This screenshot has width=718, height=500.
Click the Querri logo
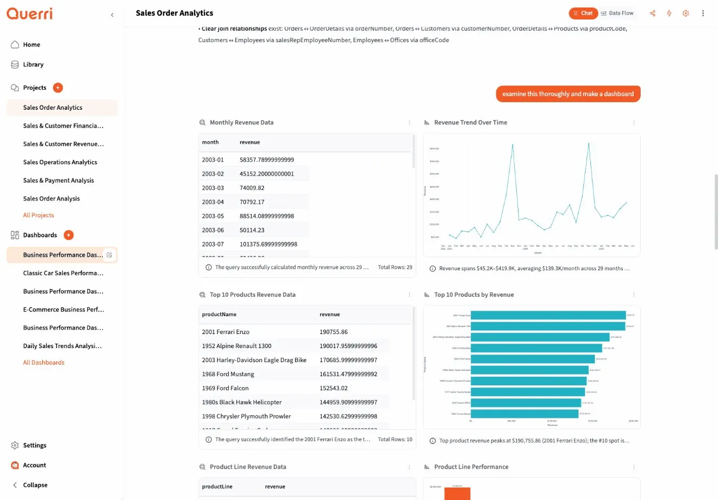30,14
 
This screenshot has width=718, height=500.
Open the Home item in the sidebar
31,45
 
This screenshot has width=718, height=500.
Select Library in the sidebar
33,65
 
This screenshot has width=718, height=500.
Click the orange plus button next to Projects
58,88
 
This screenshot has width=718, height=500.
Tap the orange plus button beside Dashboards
69,235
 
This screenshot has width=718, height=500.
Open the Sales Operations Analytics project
60,162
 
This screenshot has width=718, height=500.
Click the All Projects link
38,215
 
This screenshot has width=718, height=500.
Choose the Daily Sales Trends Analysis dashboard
62,346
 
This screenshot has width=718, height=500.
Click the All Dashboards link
44,363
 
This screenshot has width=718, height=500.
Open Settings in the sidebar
35,445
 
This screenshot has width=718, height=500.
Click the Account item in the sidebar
35,465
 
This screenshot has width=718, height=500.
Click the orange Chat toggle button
583,14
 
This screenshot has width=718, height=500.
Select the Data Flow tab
617,14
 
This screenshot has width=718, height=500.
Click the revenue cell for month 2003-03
252,188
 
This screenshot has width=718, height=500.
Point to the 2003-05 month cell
213,216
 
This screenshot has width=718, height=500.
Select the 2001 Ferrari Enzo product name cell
225,332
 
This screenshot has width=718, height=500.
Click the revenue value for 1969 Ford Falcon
334,388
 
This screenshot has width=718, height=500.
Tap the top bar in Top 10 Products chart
548,315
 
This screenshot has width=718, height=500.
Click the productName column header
219,315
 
